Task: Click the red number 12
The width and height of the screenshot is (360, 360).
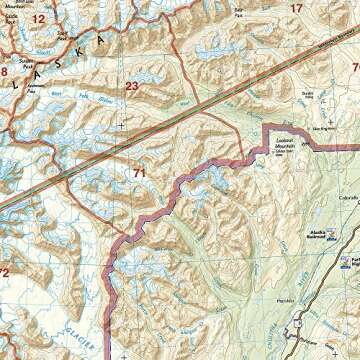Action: click(x=38, y=19)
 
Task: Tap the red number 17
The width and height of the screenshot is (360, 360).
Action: click(x=295, y=9)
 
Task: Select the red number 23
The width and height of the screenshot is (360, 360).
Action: click(x=132, y=87)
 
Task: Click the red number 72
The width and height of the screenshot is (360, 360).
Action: click(x=4, y=272)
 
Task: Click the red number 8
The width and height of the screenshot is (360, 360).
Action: click(x=4, y=72)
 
